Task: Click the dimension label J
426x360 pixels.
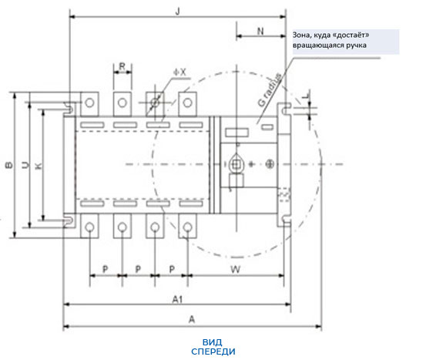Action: point(178,12)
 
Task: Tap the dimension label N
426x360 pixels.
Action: point(260,32)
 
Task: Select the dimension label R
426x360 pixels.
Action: point(122,66)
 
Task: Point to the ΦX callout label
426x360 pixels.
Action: point(180,72)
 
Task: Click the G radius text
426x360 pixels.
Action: point(270,89)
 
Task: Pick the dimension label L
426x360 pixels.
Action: point(306,96)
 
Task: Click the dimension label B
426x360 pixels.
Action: point(9,165)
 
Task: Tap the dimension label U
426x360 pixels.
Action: point(26,165)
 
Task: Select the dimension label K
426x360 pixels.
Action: point(39,166)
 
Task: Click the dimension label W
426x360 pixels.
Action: point(236,270)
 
